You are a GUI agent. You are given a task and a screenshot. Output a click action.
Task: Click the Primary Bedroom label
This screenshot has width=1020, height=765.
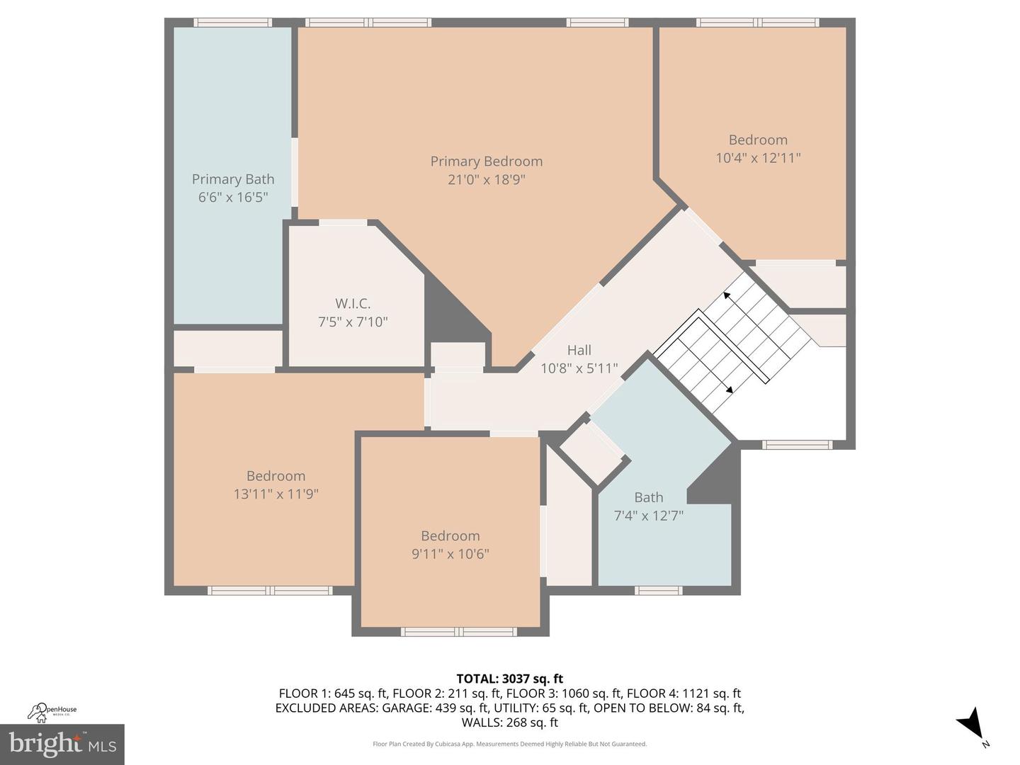pyautogui.click(x=486, y=161)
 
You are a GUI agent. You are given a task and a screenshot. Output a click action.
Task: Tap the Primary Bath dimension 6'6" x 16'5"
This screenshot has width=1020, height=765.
pyautogui.click(x=232, y=197)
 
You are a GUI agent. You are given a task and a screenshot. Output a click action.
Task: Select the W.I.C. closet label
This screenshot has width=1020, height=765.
pyautogui.click(x=353, y=304)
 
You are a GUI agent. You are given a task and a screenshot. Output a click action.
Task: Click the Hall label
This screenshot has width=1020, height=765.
pyautogui.click(x=579, y=350)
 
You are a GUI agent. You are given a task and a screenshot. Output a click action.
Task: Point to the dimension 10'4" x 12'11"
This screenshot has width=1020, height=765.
pyautogui.click(x=758, y=158)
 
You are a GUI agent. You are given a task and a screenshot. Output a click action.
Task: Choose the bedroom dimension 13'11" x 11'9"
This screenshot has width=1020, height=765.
pyautogui.click(x=276, y=494)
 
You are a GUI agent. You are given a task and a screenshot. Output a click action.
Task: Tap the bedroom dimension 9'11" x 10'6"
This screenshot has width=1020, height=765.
pyautogui.click(x=450, y=554)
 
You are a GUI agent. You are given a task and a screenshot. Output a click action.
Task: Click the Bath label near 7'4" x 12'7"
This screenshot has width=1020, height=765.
pyautogui.click(x=648, y=497)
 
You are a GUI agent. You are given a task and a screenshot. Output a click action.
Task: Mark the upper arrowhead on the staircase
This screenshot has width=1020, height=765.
pyautogui.click(x=727, y=295)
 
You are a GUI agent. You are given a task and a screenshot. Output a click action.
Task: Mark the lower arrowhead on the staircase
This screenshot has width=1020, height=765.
pyautogui.click(x=729, y=388)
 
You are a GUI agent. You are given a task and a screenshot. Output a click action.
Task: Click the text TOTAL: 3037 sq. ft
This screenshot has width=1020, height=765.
pyautogui.click(x=509, y=679)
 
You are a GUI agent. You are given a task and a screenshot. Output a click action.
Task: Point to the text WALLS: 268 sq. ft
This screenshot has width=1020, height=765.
pyautogui.click(x=509, y=722)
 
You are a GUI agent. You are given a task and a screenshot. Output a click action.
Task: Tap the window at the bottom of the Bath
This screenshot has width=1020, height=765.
pyautogui.click(x=658, y=590)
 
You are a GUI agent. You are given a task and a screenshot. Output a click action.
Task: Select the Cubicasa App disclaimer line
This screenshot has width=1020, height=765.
pyautogui.click(x=509, y=744)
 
